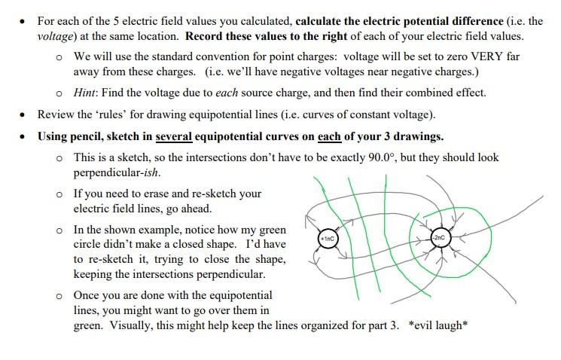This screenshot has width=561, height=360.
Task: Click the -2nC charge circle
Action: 440,238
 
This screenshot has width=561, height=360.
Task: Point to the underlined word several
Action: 173,136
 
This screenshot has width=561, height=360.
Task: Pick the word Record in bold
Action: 207,35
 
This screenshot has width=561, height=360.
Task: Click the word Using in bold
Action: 53,136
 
